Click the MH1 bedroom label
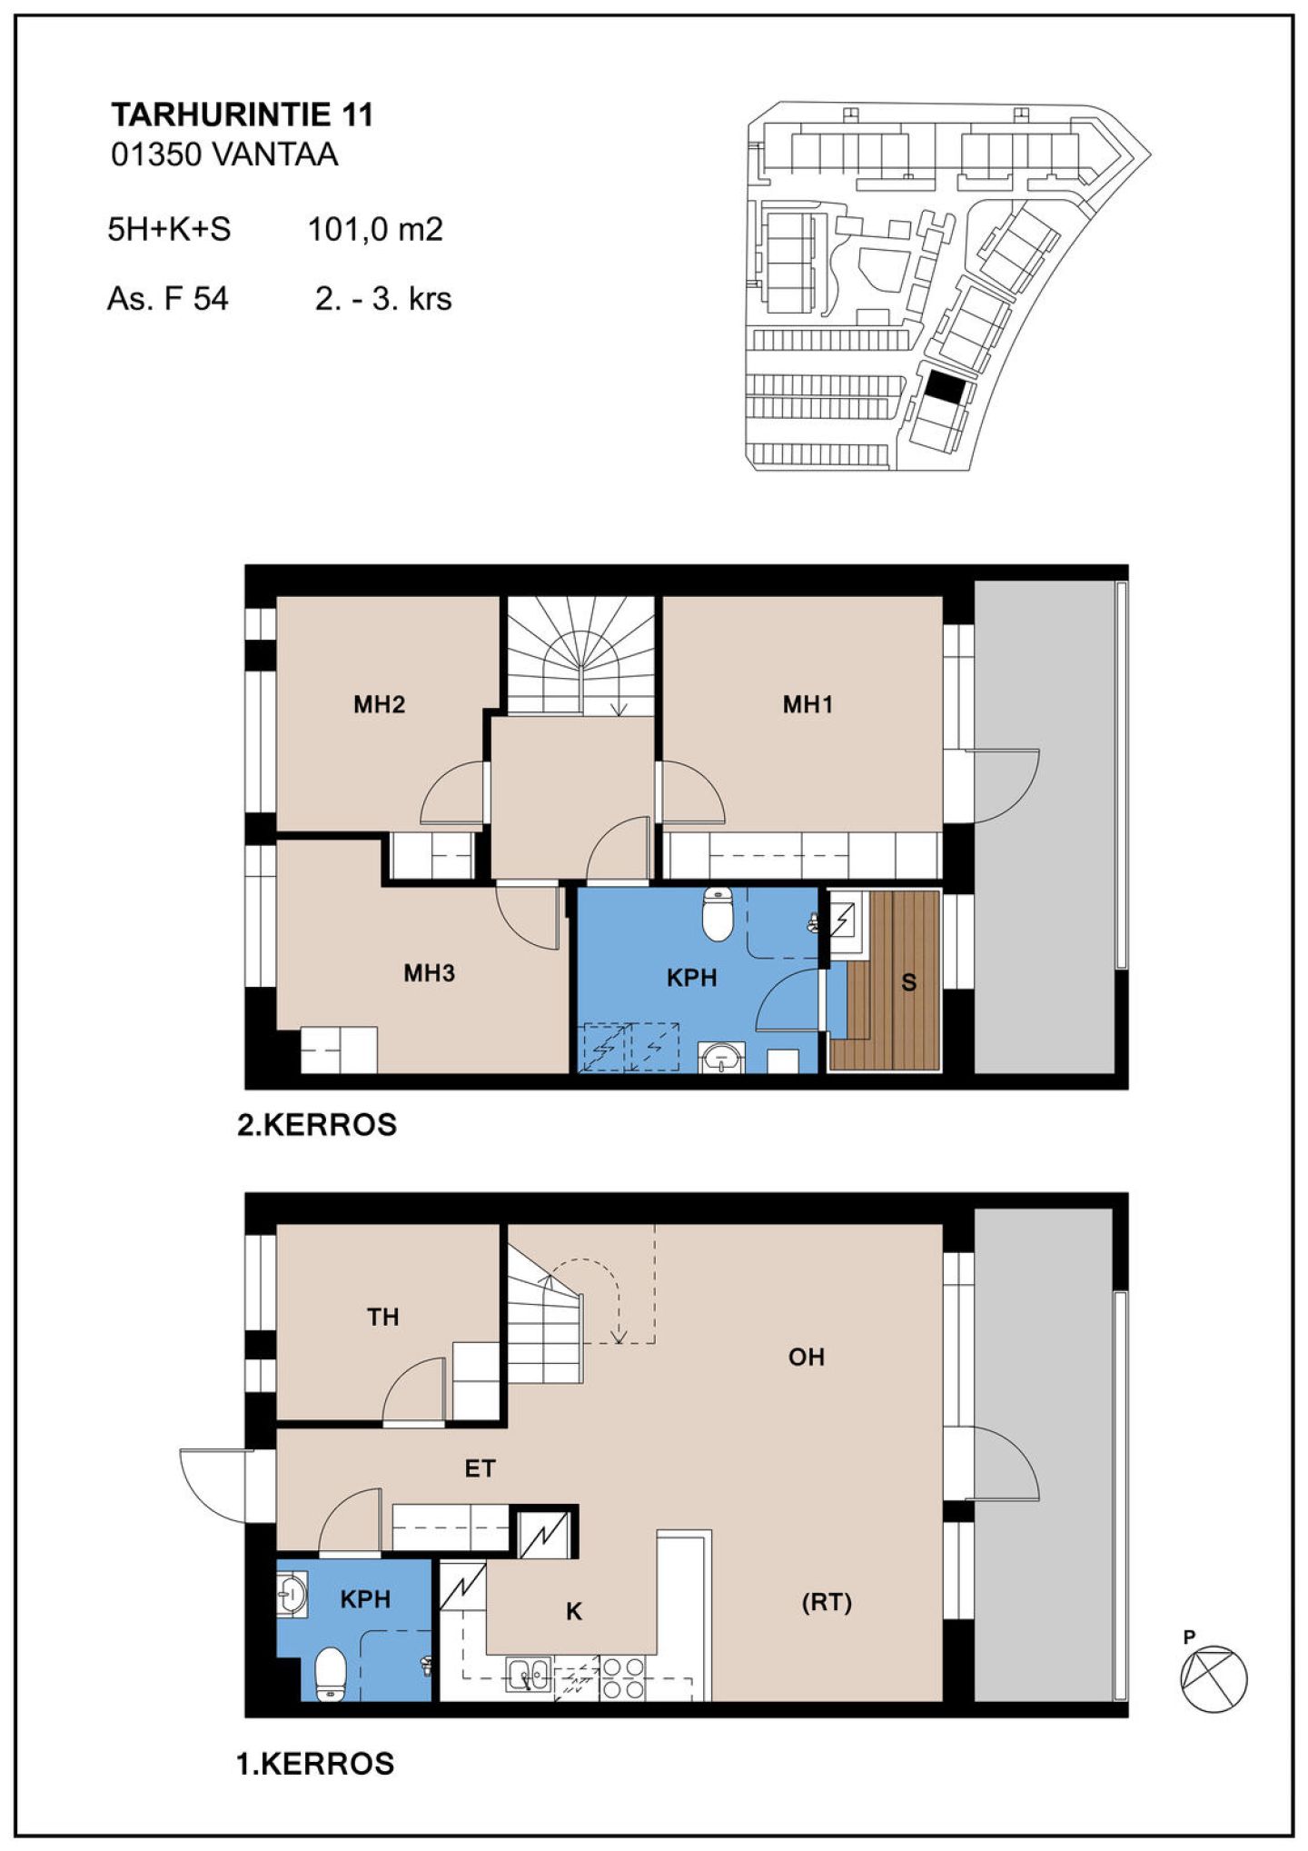[808, 704]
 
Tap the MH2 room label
[379, 704]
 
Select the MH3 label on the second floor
[429, 973]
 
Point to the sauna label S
[908, 982]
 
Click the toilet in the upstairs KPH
[718, 914]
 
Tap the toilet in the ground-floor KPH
[330, 1674]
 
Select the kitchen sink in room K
[529, 1675]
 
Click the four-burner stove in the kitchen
[623, 1678]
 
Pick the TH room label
[382, 1317]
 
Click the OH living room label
[806, 1357]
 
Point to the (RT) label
[827, 1602]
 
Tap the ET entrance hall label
[480, 1468]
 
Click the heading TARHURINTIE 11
[242, 115]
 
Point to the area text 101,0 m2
[375, 229]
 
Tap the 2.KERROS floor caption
[317, 1125]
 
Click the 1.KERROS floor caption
[315, 1764]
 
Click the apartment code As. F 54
[168, 299]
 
